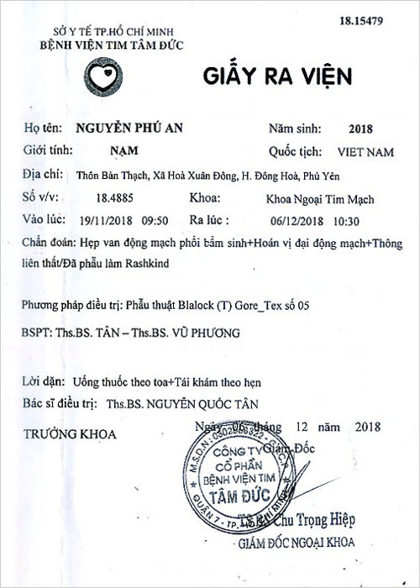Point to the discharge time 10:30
pos(346,221)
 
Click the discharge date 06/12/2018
pos(295,221)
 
